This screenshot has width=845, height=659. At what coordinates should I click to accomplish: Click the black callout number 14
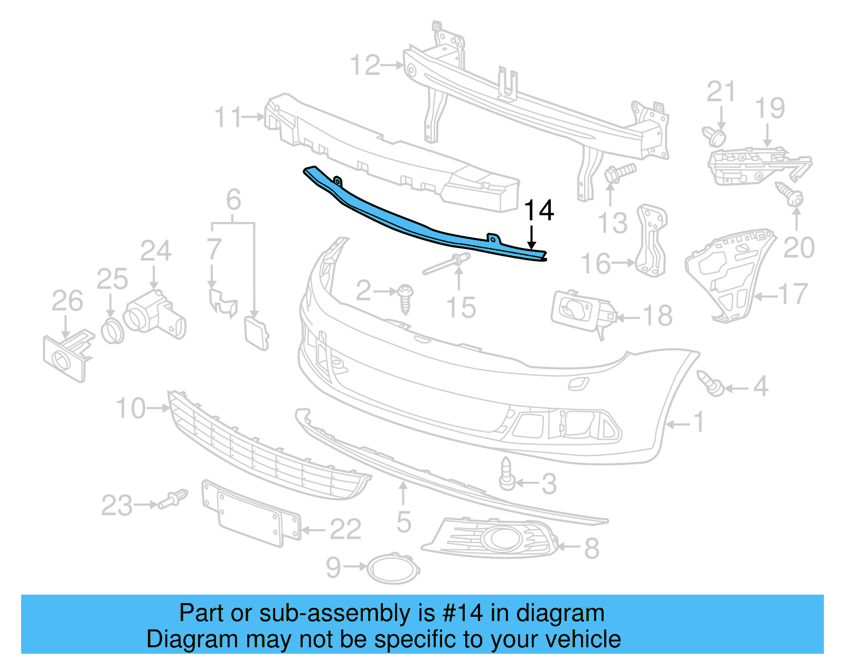539,211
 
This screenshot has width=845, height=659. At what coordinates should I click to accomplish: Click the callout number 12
365,65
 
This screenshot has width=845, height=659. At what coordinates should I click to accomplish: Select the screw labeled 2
406,299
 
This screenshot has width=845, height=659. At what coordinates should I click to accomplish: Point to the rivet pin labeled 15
446,263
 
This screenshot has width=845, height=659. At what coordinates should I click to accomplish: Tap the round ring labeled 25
112,331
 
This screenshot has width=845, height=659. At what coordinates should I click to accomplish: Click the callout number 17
793,294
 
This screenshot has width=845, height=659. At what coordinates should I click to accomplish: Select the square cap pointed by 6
256,332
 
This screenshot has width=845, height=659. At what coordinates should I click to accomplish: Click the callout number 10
130,408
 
